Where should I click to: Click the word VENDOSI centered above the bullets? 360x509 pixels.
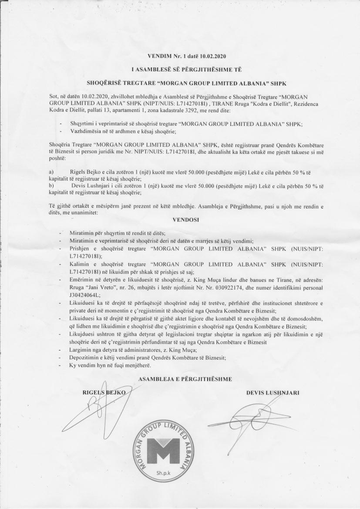[x=185, y=220]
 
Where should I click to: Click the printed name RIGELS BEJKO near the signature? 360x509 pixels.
[x=104, y=392]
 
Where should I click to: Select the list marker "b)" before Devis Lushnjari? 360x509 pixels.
[x=51, y=185]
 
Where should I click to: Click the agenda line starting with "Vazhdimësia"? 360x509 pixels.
[x=126, y=131]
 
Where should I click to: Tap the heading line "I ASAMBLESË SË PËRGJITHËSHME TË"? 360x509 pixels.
[x=187, y=70]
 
